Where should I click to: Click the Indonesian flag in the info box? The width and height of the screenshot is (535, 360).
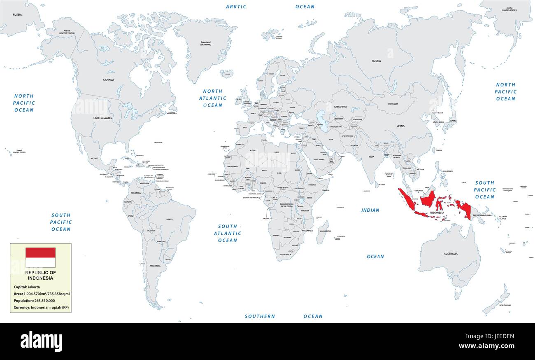coord(40,257)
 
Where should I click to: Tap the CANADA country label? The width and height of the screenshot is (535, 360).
coord(109,79)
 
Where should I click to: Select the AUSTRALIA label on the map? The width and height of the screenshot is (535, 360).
coord(450,254)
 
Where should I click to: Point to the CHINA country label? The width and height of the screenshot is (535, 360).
coord(400,126)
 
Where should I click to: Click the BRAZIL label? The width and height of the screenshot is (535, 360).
coord(170,220)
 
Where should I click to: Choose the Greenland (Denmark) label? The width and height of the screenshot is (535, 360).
coord(205,43)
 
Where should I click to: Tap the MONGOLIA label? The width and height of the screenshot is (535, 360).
coord(393,104)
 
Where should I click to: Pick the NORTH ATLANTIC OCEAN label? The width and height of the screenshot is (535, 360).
coord(212,98)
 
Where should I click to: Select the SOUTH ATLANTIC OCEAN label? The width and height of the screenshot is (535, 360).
coord(227,233)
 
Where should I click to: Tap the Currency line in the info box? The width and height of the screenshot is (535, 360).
coord(41,308)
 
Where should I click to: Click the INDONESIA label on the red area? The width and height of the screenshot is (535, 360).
coord(437,213)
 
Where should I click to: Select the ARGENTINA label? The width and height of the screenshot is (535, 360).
coord(155,266)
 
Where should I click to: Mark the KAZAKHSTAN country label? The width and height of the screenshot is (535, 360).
coord(340,107)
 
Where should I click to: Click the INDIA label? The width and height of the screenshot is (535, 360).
coord(371,157)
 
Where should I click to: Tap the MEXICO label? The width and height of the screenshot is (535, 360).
coord(94,159)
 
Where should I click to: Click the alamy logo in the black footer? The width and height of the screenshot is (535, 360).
coord(41,341)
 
